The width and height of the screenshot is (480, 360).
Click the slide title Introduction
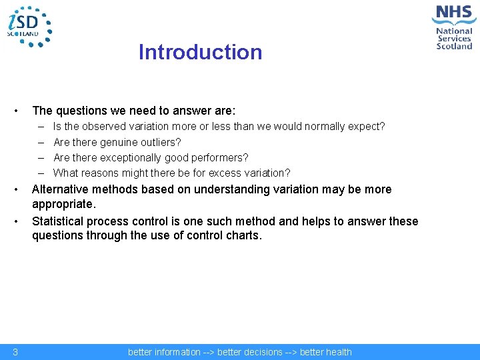[x=200, y=52]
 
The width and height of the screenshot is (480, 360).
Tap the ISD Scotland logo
[x=29, y=27]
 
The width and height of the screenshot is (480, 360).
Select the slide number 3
[x=15, y=352]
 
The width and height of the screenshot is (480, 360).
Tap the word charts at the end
[x=243, y=235]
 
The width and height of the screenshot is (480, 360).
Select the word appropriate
[x=63, y=204]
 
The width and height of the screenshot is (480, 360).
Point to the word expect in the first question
[x=367, y=126]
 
